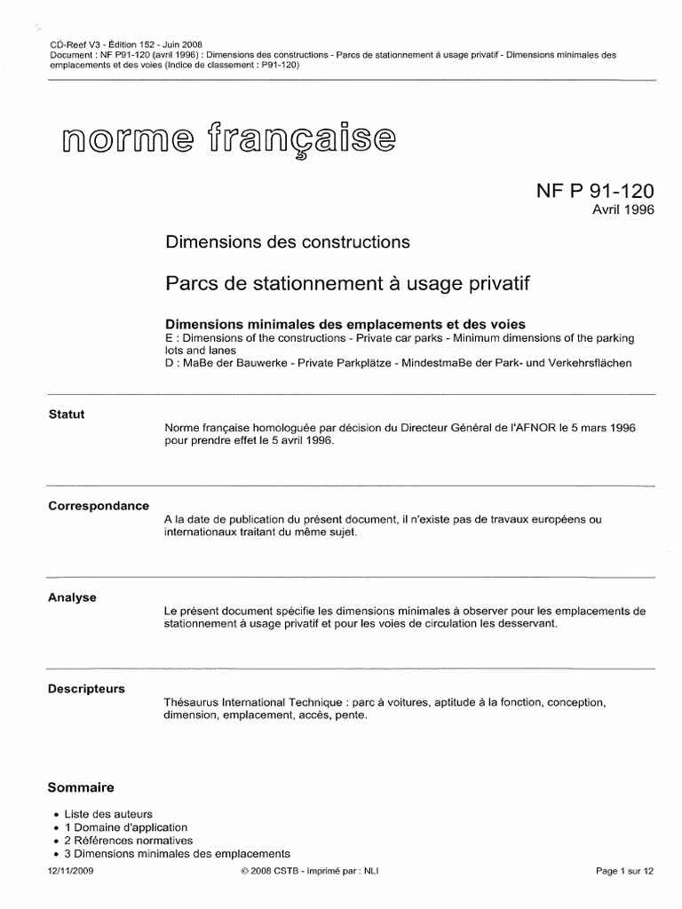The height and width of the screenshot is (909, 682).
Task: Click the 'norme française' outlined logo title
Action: (226, 140)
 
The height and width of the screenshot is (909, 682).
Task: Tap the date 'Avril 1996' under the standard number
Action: (623, 211)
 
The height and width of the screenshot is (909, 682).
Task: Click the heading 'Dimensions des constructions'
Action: (288, 241)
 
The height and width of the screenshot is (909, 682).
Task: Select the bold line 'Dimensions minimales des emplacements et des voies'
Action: (346, 324)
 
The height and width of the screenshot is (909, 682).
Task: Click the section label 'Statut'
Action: (67, 415)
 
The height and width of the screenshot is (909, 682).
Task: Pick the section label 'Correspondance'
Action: (99, 506)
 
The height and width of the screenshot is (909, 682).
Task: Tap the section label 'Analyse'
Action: (73, 597)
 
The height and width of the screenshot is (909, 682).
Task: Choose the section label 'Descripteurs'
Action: (86, 689)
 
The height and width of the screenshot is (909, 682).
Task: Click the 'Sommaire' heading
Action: (81, 787)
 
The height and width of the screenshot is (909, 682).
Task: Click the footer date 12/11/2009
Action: (70, 872)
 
